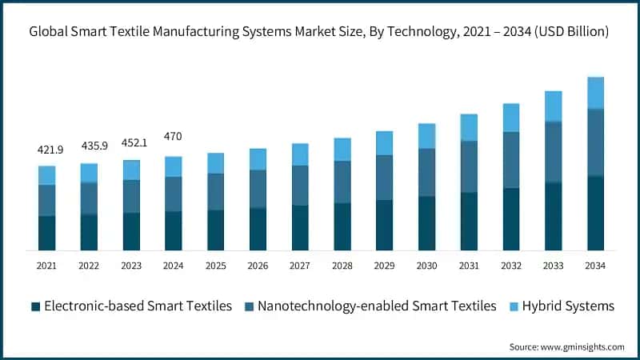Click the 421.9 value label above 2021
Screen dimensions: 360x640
pos(47,150)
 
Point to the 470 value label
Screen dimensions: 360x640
pos(173,137)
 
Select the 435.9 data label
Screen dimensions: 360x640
pos(89,146)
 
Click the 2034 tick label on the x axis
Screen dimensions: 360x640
pos(595,265)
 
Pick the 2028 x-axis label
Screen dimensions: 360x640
pos(342,265)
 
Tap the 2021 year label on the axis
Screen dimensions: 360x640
pos(47,265)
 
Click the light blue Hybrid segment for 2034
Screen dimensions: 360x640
pos(595,93)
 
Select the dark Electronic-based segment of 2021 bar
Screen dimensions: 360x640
pos(47,233)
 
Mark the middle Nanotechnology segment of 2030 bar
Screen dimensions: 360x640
pos(426,172)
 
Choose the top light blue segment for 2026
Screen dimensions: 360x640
pos(258,159)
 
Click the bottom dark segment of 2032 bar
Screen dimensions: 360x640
pos(510,219)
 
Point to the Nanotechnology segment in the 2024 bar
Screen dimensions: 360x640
pos(173,194)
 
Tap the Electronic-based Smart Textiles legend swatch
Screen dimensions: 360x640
pos(35,306)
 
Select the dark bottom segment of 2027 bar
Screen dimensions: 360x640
pos(300,227)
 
